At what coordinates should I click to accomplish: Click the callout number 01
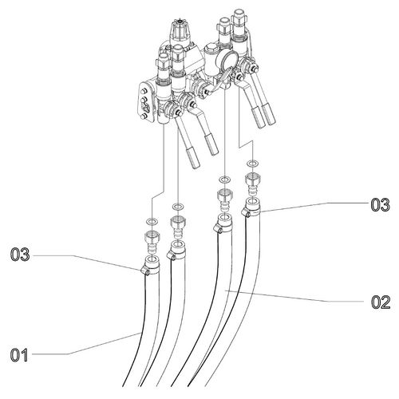[19, 355]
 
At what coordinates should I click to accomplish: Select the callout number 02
[381, 302]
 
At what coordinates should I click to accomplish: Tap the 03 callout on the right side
[381, 205]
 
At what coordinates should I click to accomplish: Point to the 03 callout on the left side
[20, 255]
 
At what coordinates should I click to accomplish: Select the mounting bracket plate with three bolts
[145, 101]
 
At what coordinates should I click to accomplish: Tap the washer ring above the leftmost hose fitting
[152, 221]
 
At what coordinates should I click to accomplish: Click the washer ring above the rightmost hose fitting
[252, 163]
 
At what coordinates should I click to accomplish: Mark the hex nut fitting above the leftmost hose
[152, 236]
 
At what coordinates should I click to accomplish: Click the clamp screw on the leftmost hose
[144, 271]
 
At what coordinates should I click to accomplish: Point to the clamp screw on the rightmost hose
[246, 213]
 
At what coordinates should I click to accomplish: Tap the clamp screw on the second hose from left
[171, 256]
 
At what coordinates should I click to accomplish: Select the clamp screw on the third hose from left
[217, 229]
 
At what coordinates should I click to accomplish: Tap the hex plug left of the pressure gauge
[211, 50]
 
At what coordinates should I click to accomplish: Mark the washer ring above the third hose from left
[225, 180]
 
